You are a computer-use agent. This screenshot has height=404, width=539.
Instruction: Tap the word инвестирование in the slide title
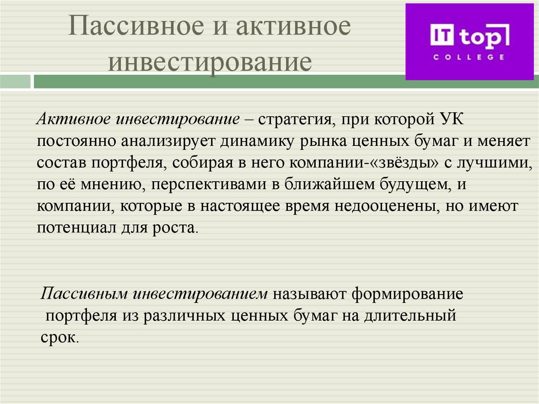click(x=209, y=62)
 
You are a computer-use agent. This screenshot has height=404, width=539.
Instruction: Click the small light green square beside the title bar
click(x=15, y=82)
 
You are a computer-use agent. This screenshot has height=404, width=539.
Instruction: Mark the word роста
click(x=177, y=229)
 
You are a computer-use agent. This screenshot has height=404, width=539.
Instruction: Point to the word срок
click(x=58, y=338)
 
